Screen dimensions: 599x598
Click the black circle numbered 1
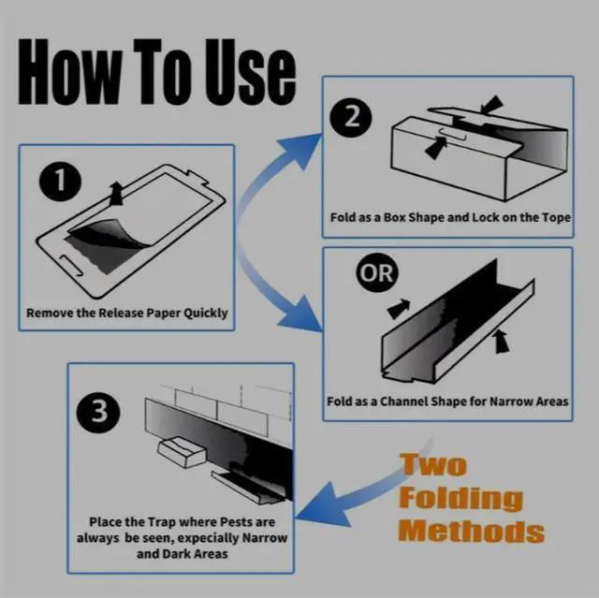(x=60, y=181)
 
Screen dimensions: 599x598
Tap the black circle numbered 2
(x=351, y=116)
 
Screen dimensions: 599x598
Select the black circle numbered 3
(x=98, y=412)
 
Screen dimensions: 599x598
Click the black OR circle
(x=376, y=272)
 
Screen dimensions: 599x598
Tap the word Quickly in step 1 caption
(x=206, y=314)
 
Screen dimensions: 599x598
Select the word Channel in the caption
(x=404, y=401)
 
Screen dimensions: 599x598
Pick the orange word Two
(x=434, y=465)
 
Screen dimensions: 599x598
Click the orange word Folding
(x=460, y=498)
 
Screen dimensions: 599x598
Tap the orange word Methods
(x=472, y=531)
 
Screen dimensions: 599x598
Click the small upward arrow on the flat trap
(x=116, y=194)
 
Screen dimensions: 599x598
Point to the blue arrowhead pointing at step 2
(x=302, y=150)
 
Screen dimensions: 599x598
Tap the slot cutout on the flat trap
(x=71, y=265)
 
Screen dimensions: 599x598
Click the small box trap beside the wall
(x=182, y=452)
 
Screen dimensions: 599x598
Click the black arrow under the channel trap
(x=502, y=341)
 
